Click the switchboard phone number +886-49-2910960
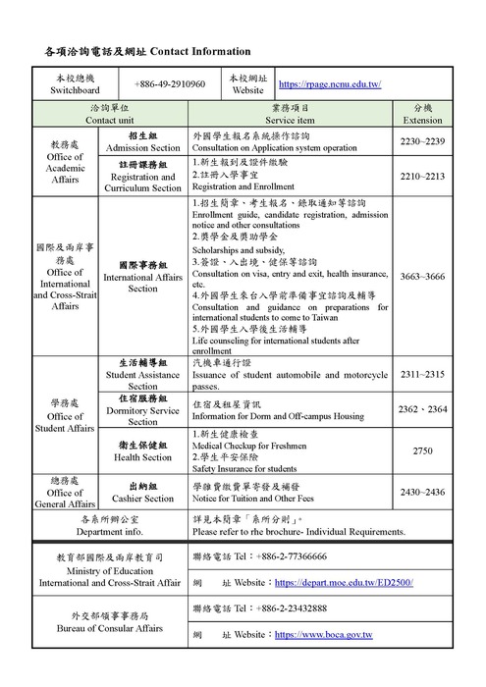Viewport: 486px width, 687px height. pos(170,84)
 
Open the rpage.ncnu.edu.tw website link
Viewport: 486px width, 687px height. pos(330,84)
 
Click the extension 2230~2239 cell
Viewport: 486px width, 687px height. pos(423,141)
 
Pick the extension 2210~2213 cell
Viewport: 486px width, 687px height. pos(423,177)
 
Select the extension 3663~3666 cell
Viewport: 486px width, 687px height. pos(423,277)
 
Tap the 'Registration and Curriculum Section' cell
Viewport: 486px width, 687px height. pos(143,177)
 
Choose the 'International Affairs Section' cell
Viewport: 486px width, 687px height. pos(143,277)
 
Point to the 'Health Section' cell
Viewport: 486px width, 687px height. pos(143,449)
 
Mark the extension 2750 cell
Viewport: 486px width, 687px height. pos(423,449)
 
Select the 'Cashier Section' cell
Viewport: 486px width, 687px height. pos(143,492)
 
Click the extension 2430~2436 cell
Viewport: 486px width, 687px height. pos(423,492)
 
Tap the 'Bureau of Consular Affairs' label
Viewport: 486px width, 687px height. pos(109,625)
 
